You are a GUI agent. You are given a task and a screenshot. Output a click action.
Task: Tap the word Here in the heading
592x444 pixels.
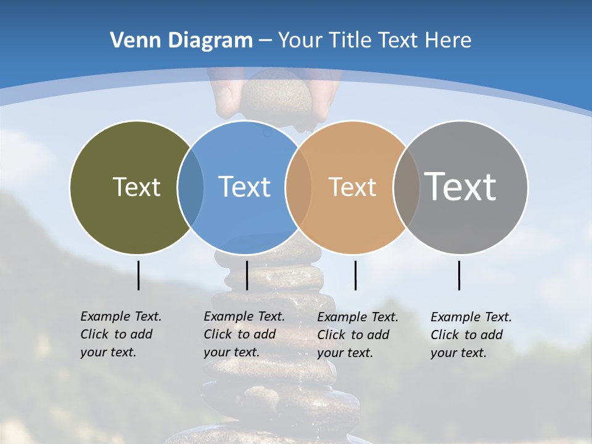(x=448, y=41)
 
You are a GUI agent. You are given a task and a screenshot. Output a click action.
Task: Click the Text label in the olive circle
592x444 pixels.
(x=136, y=187)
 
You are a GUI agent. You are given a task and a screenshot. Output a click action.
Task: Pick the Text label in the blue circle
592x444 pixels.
(x=244, y=187)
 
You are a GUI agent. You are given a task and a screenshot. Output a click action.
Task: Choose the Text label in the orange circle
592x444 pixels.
(x=352, y=187)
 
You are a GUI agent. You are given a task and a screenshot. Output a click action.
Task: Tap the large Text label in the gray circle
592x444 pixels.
(x=460, y=187)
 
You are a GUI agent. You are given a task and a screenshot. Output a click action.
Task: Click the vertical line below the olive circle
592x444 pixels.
(x=139, y=275)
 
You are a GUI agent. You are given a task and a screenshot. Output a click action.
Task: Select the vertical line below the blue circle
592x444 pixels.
(x=247, y=275)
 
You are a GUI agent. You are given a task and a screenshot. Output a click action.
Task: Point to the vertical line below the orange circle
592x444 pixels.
(x=355, y=275)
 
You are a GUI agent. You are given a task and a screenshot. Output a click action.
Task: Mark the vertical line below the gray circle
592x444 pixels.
(x=459, y=275)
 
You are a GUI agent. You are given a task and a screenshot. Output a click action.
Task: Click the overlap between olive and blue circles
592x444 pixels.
(x=191, y=187)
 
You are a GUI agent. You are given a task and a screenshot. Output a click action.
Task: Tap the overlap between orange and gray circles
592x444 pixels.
(x=406, y=187)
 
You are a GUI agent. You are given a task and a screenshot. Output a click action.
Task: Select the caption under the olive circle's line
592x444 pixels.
(x=121, y=334)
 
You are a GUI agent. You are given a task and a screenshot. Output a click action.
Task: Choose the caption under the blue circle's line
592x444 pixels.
(x=244, y=334)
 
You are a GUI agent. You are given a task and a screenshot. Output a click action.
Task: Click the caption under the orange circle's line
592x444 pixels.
(x=358, y=335)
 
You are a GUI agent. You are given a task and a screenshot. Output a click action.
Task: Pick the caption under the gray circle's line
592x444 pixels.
(x=471, y=335)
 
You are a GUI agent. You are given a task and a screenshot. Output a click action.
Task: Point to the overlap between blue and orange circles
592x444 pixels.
(x=298, y=187)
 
